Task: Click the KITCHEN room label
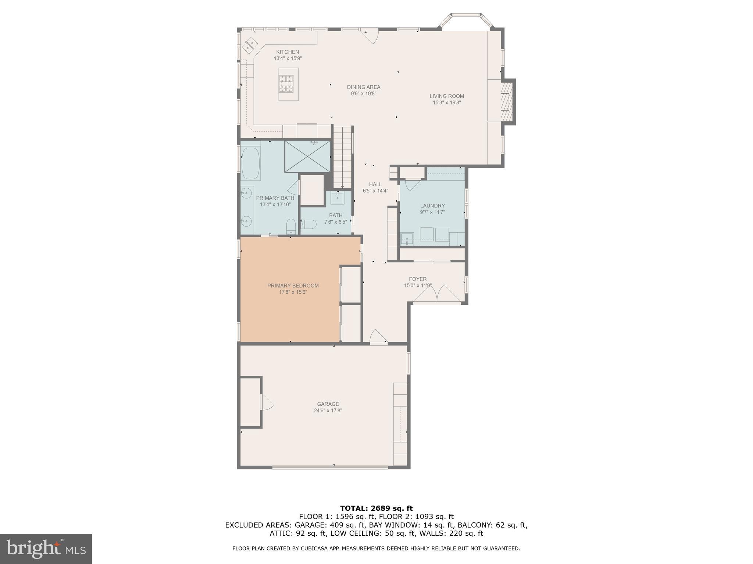(288, 52)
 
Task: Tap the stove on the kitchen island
(286, 83)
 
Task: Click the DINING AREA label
(363, 87)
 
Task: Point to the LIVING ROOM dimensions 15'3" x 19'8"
(446, 103)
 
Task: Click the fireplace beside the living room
(507, 101)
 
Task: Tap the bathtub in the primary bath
(251, 163)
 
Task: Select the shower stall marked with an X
(307, 156)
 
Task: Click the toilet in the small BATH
(309, 224)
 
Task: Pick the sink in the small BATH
(337, 198)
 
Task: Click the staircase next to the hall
(342, 157)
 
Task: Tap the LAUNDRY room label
(432, 206)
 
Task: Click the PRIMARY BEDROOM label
(293, 286)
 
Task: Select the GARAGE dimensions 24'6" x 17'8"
(328, 411)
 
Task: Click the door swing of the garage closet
(267, 402)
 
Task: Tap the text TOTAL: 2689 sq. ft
(376, 508)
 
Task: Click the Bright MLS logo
(46, 549)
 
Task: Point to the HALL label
(375, 184)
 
